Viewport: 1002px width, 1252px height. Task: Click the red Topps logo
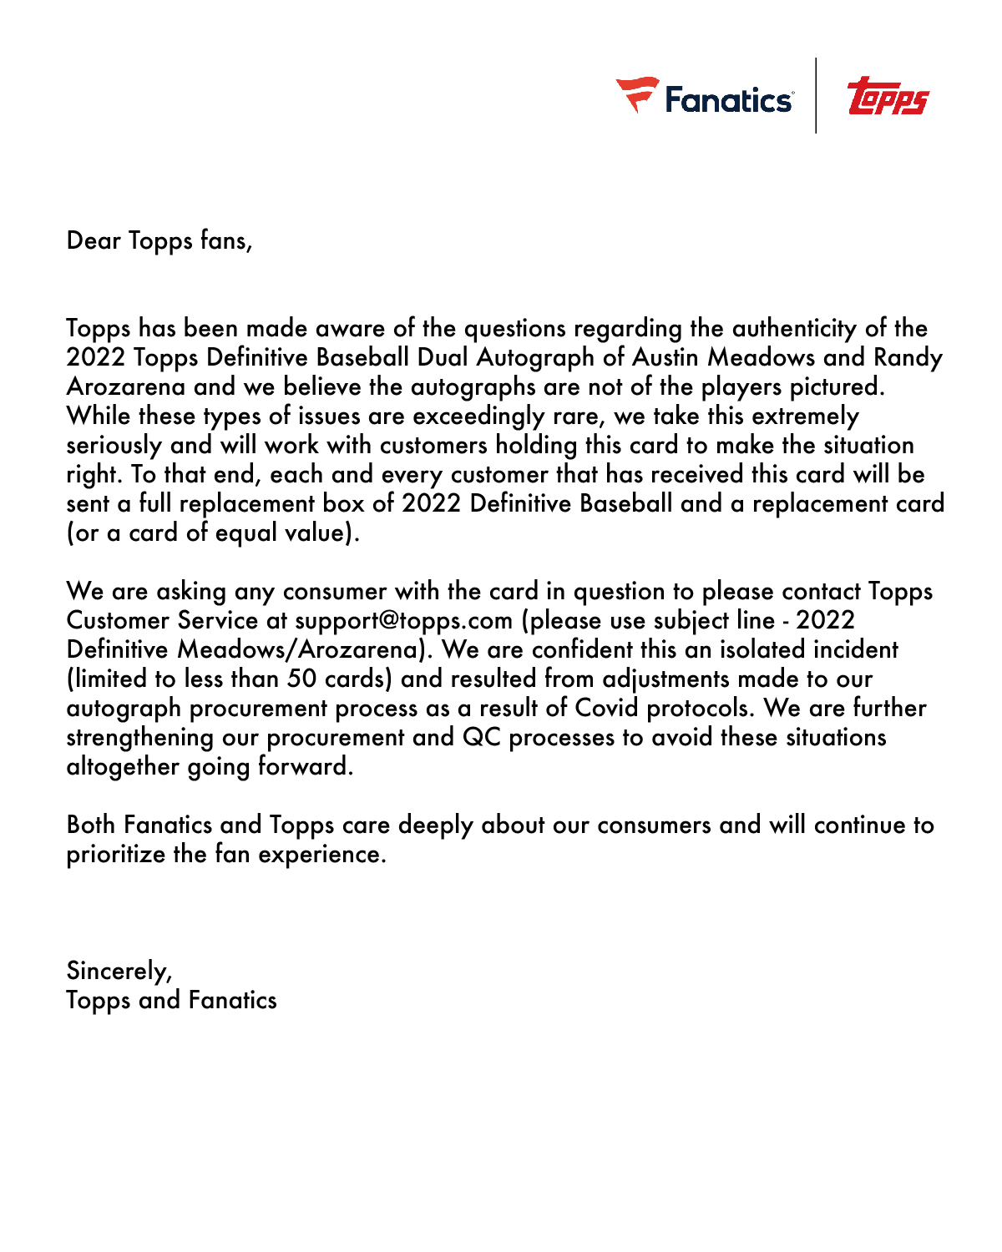click(x=888, y=97)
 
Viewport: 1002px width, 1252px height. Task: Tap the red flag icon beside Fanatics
click(x=636, y=93)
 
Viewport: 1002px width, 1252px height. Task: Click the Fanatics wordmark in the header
click(x=728, y=100)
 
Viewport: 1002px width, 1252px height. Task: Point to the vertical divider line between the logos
click(x=816, y=95)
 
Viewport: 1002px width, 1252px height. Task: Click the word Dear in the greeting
click(x=94, y=240)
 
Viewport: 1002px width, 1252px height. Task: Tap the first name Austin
click(x=665, y=357)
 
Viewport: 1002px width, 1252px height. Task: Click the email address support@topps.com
click(x=403, y=620)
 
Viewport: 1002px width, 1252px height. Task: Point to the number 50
click(x=302, y=679)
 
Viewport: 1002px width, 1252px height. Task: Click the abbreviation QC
click(x=481, y=737)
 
